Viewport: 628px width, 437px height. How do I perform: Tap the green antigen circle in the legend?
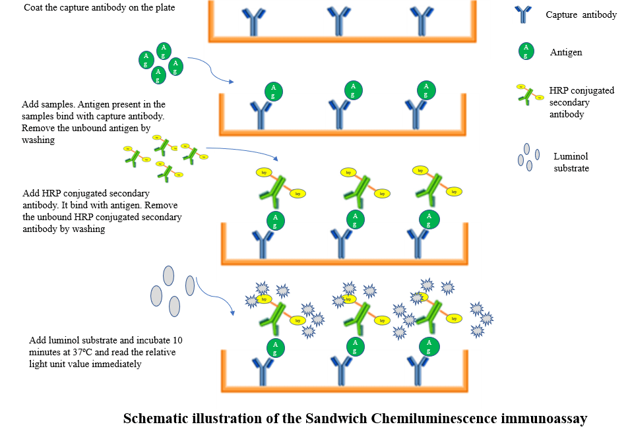tap(525, 51)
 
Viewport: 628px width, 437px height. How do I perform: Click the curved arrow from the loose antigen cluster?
tap(210, 69)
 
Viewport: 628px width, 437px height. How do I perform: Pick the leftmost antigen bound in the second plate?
tap(274, 92)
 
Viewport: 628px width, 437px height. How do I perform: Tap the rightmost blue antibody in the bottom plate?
tap(417, 370)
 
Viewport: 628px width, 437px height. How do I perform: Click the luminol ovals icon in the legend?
tap(528, 158)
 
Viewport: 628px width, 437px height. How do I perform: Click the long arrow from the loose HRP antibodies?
tap(244, 152)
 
